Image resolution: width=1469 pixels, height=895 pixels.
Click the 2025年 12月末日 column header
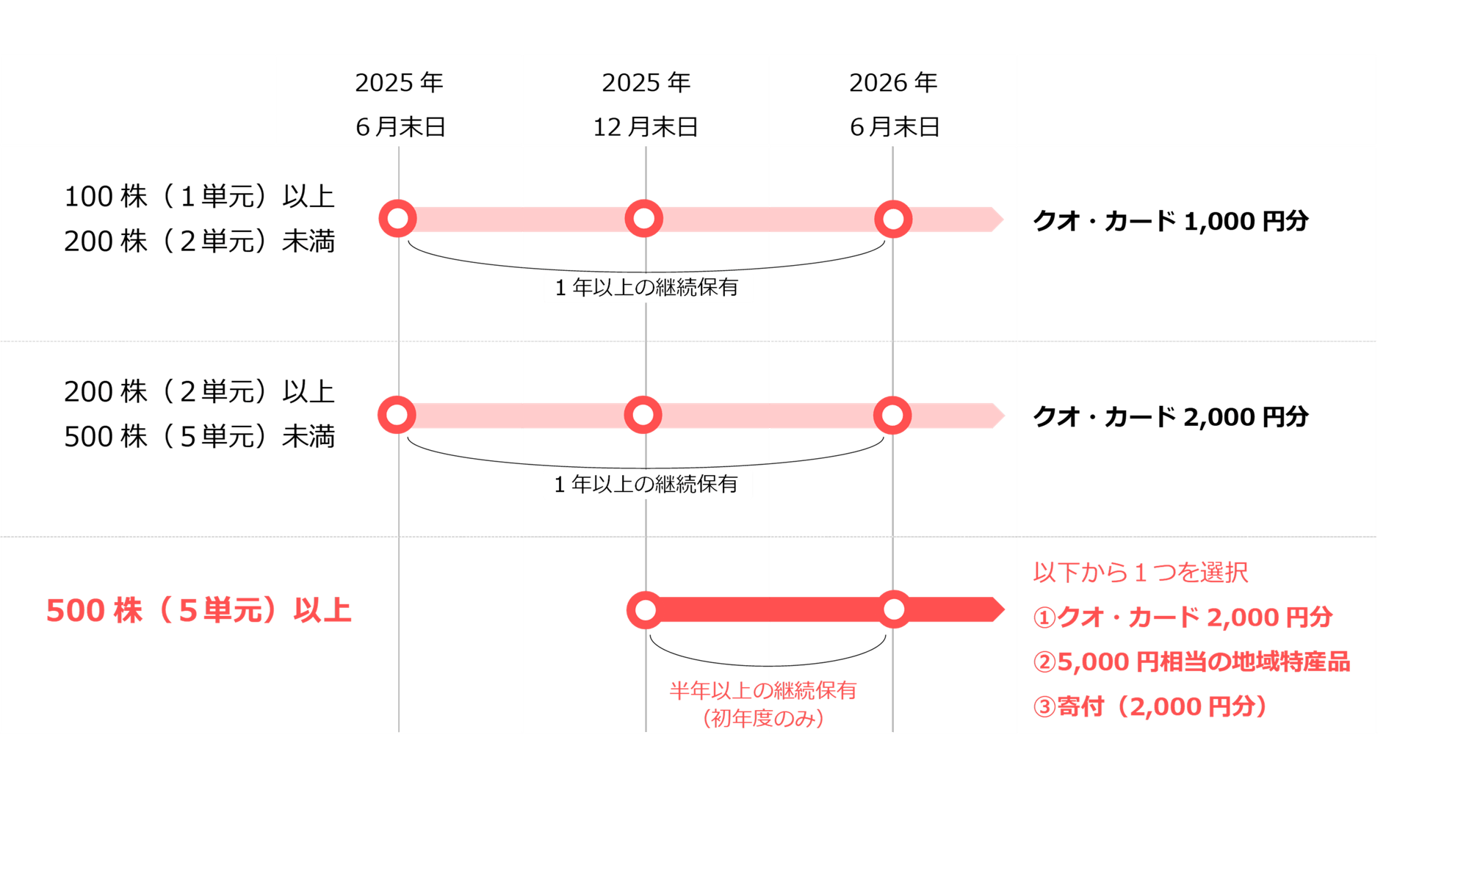pyautogui.click(x=646, y=104)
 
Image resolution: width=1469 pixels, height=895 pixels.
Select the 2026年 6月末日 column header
pyautogui.click(x=894, y=104)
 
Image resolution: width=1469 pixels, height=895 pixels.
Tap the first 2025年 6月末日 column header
pyautogui.click(x=400, y=104)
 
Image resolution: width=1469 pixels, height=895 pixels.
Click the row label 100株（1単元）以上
pyautogui.click(x=199, y=197)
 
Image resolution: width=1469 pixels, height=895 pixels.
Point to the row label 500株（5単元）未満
pyautogui.click(x=199, y=437)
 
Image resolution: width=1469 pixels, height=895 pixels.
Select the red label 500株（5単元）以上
pyautogui.click(x=199, y=610)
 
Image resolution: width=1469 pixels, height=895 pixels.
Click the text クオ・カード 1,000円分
pyautogui.click(x=1171, y=221)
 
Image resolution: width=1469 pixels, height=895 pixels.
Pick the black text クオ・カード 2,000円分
pyautogui.click(x=1171, y=417)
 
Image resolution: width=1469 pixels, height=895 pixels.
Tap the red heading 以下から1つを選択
pyautogui.click(x=1141, y=572)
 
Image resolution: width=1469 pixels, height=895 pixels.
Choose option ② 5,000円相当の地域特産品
pyautogui.click(x=1191, y=662)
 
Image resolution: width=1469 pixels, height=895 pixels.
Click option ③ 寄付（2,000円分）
pyautogui.click(x=1150, y=706)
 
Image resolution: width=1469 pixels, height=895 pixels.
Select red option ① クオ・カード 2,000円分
pyautogui.click(x=1183, y=617)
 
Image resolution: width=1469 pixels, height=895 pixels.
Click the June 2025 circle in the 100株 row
pyautogui.click(x=397, y=219)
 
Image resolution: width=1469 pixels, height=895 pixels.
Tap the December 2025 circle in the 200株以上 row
pyautogui.click(x=643, y=415)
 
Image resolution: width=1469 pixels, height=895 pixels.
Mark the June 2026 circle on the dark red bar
pyautogui.click(x=894, y=609)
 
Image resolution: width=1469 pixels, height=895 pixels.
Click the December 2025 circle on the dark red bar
pyautogui.click(x=646, y=610)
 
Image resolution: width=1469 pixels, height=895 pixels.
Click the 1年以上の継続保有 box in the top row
pyautogui.click(x=648, y=287)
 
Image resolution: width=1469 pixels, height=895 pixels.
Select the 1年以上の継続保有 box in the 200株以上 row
pyautogui.click(x=647, y=484)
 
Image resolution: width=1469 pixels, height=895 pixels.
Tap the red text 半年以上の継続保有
pyautogui.click(x=763, y=690)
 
